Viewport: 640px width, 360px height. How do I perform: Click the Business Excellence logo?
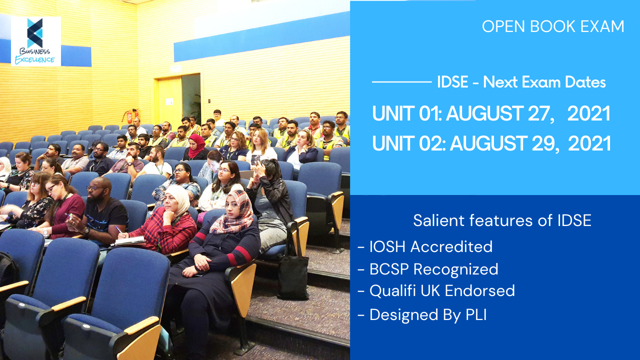coord(35,41)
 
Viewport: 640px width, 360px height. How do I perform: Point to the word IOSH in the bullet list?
coord(387,246)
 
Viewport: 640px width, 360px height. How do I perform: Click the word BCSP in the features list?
coord(389,269)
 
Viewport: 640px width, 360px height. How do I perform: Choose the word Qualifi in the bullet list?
coord(392,291)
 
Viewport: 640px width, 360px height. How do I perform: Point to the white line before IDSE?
coord(401,82)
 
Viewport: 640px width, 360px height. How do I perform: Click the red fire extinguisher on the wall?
coord(129,116)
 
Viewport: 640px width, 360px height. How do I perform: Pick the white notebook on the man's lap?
coord(130,241)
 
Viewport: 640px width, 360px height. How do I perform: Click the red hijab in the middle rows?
coord(197,145)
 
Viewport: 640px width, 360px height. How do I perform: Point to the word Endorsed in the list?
coord(480,291)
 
